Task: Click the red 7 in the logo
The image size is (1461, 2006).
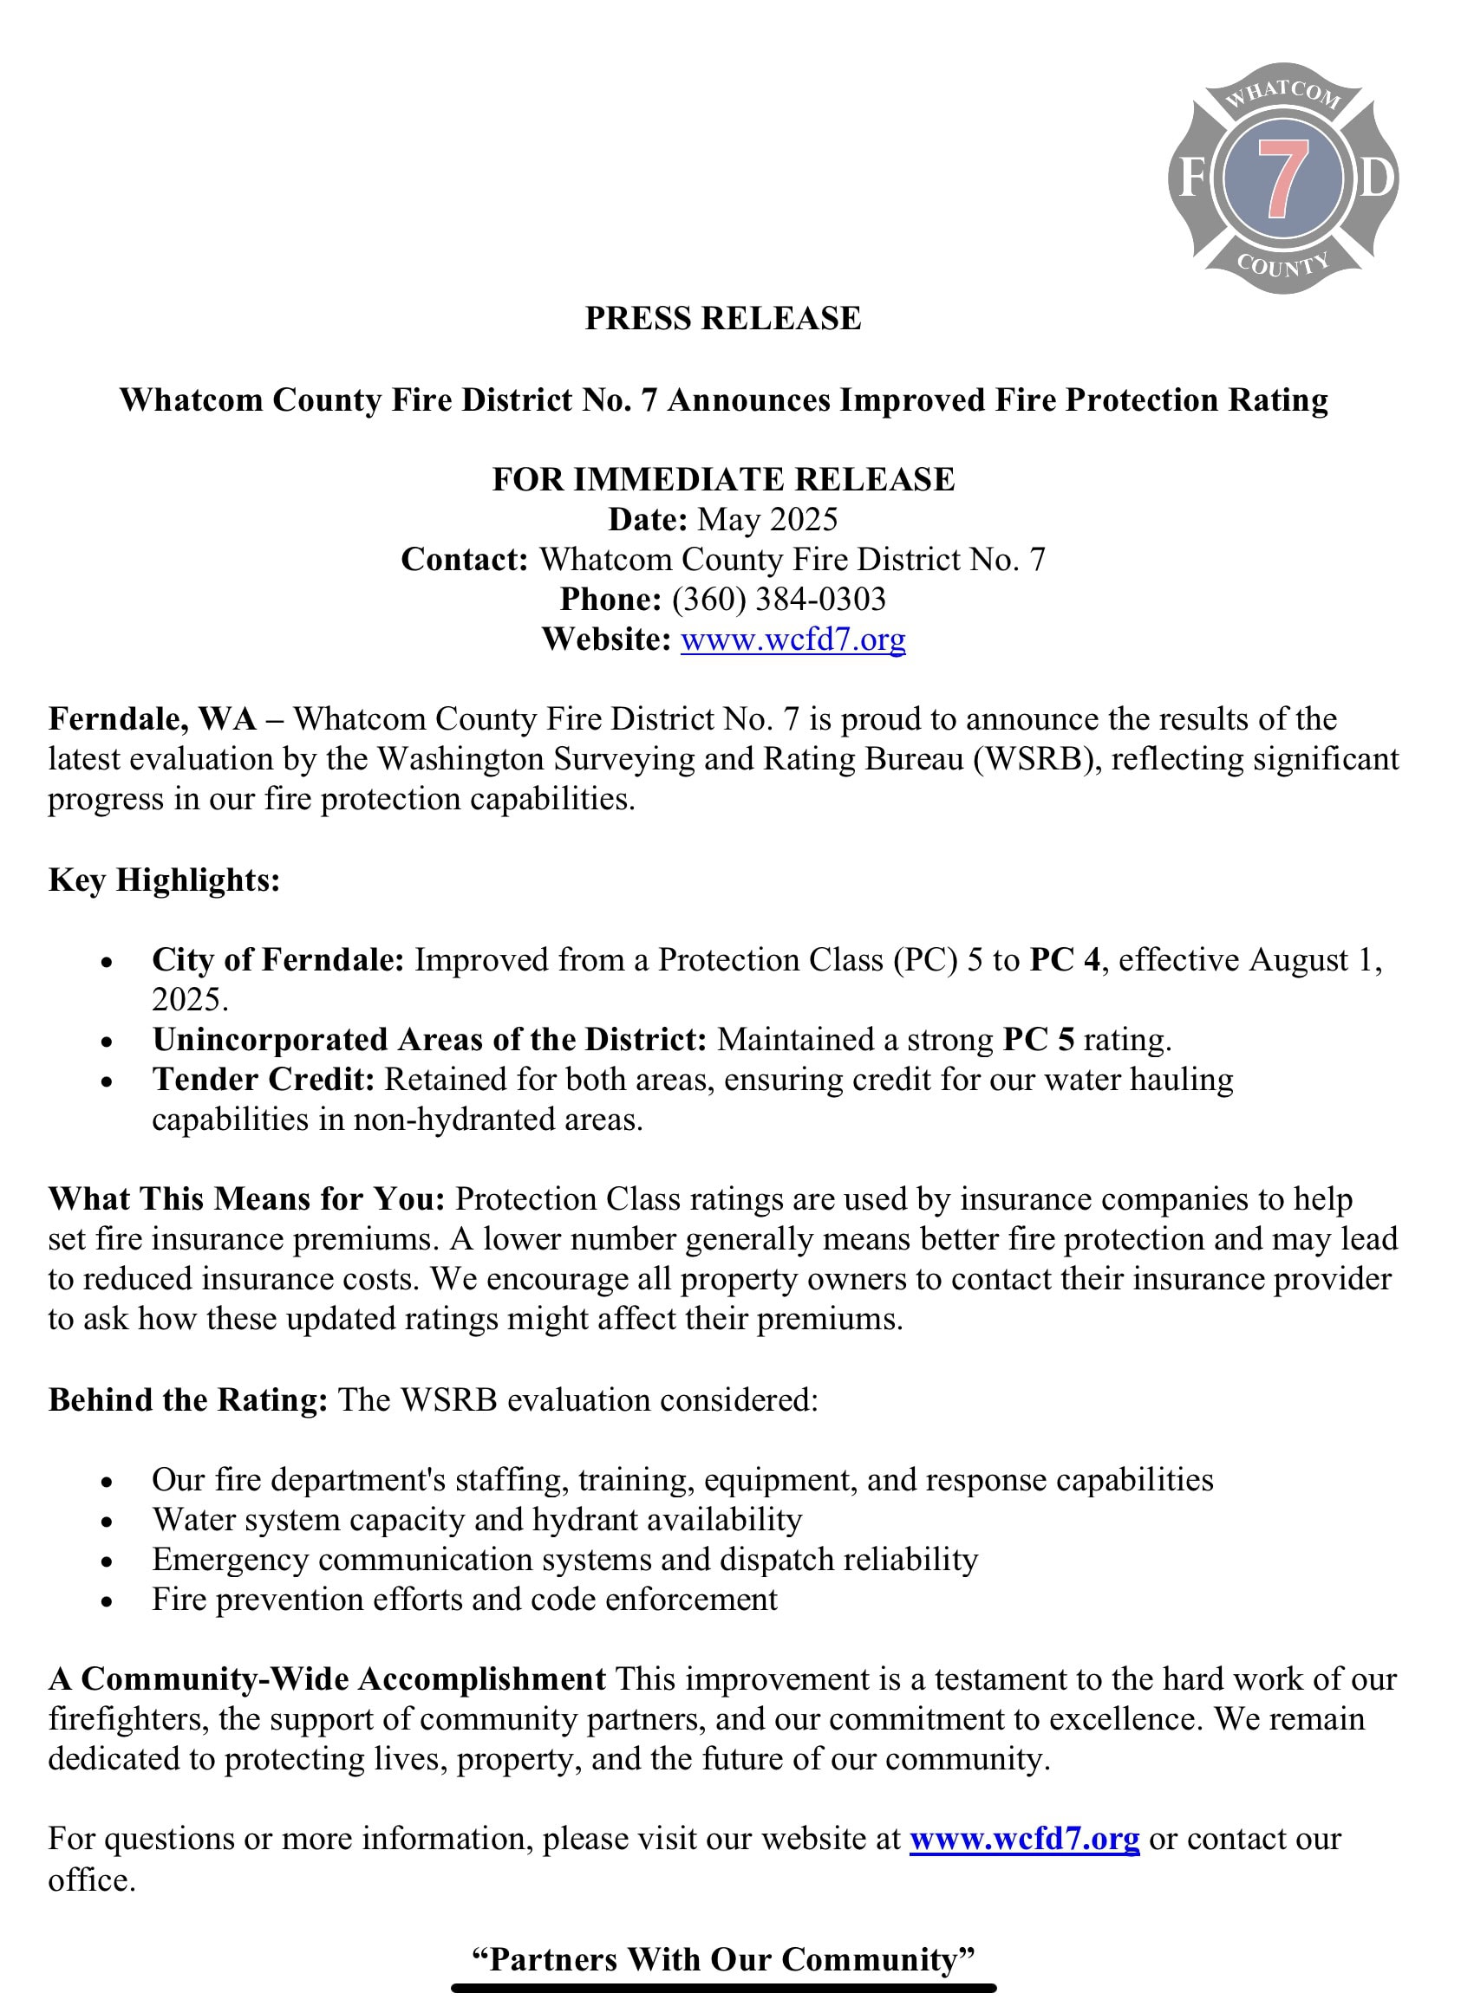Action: [1282, 179]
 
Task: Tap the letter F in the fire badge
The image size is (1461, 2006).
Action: [1191, 179]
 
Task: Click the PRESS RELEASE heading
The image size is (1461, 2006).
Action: [722, 318]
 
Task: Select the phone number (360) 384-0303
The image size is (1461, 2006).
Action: [778, 600]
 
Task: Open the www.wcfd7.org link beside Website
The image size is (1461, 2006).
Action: [792, 639]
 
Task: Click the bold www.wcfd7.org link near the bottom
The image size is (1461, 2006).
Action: [1024, 1838]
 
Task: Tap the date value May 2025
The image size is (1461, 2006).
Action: [766, 519]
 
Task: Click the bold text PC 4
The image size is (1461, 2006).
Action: [1065, 959]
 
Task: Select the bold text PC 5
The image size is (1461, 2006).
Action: [1038, 1039]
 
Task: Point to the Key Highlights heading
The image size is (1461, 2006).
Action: [165, 880]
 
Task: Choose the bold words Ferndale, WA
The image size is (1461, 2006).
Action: [153, 719]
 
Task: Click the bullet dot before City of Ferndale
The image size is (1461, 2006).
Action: [107, 962]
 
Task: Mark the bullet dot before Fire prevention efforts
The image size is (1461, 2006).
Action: [107, 1601]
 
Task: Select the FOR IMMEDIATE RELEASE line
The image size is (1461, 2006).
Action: [723, 479]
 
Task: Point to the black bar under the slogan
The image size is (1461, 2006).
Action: [723, 1989]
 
